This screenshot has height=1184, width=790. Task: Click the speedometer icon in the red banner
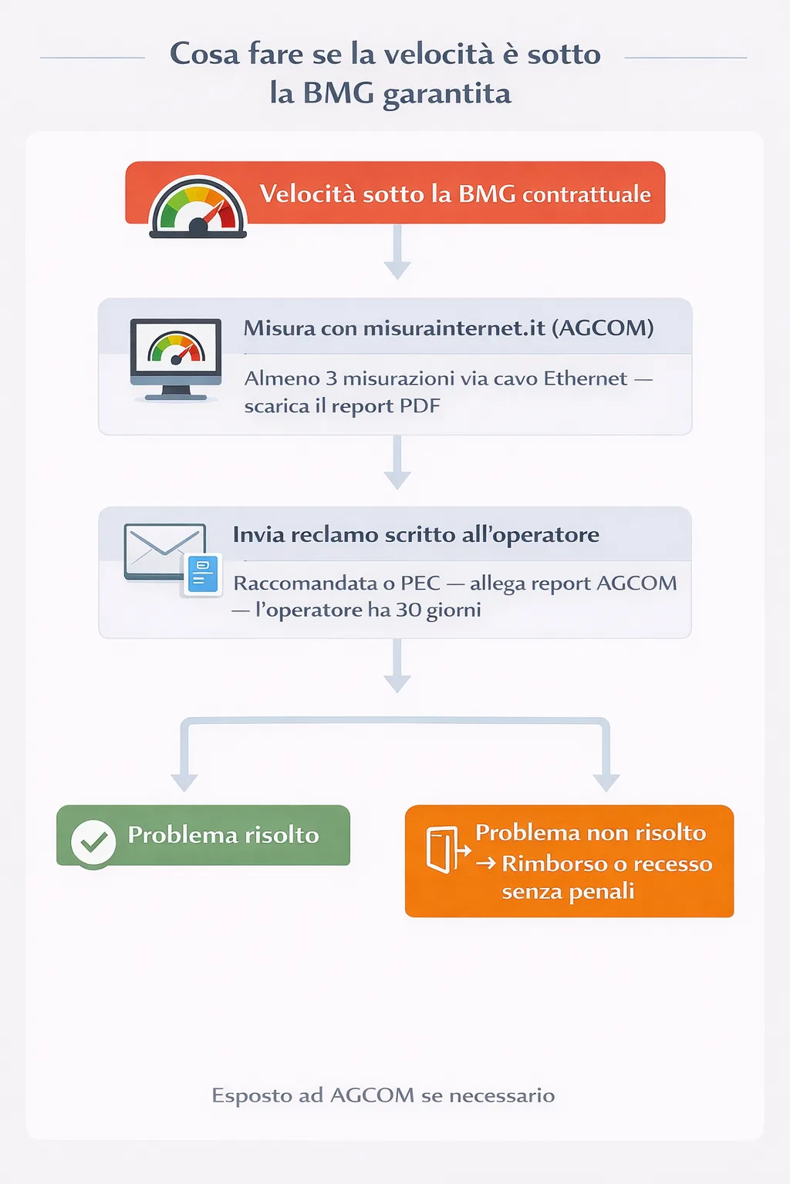click(198, 207)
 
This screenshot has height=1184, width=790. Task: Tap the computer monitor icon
click(176, 358)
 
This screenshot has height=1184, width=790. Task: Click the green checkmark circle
click(93, 843)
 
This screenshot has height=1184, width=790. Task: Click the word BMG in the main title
click(338, 93)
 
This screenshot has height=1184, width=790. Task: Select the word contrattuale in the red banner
click(586, 194)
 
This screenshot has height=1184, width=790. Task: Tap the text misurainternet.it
click(454, 328)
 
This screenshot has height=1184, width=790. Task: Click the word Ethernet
click(586, 378)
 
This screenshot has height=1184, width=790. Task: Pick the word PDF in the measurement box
click(420, 406)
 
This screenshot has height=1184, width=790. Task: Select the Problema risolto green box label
click(223, 835)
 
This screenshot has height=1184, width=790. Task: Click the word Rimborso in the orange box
click(554, 864)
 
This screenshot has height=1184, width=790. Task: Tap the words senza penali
click(568, 892)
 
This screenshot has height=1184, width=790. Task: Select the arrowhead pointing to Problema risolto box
click(184, 782)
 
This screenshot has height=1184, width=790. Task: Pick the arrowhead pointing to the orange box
click(606, 782)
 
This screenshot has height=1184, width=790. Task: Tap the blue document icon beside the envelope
click(203, 575)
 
